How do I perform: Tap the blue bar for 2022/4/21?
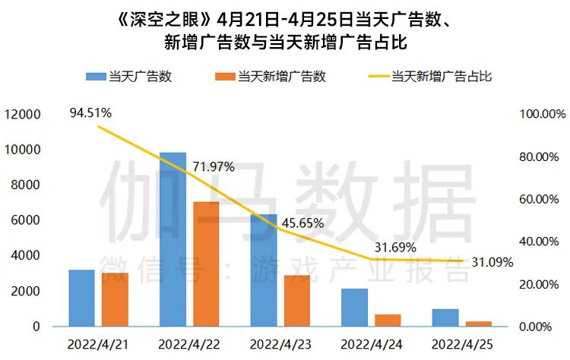point(81,298)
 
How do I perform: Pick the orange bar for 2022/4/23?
point(297,301)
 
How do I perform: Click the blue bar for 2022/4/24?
point(354,307)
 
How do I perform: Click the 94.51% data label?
point(90,113)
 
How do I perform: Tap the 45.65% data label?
point(302,223)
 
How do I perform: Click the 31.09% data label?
point(489,262)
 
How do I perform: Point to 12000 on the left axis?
point(25,115)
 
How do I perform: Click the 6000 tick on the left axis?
point(28,220)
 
